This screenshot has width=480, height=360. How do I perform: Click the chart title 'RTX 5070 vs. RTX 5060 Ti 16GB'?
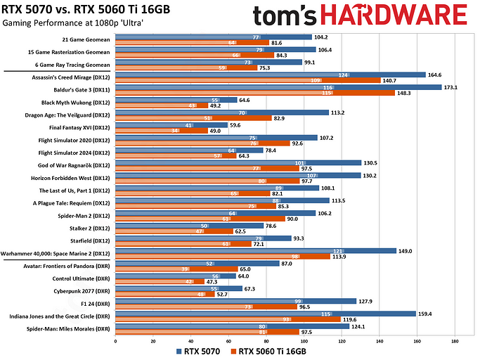coord(91,9)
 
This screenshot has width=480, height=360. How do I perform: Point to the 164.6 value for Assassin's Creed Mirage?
coord(436,75)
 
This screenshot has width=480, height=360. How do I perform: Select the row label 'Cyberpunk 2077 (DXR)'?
coord(79,288)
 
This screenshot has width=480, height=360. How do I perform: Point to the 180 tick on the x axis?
coord(455,341)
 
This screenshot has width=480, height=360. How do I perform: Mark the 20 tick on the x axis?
coord(153,341)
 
